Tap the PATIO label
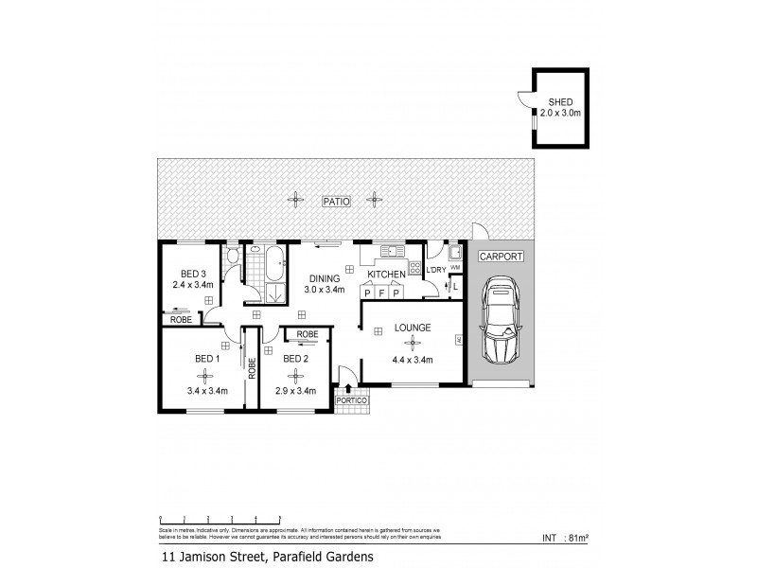click(336, 201)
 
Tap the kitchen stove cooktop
click(414, 267)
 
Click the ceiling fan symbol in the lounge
click(411, 345)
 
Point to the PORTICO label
click(353, 403)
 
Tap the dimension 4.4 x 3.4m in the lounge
click(412, 361)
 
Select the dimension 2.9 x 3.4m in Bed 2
click(296, 389)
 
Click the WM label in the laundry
click(455, 268)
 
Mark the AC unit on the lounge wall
click(459, 339)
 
